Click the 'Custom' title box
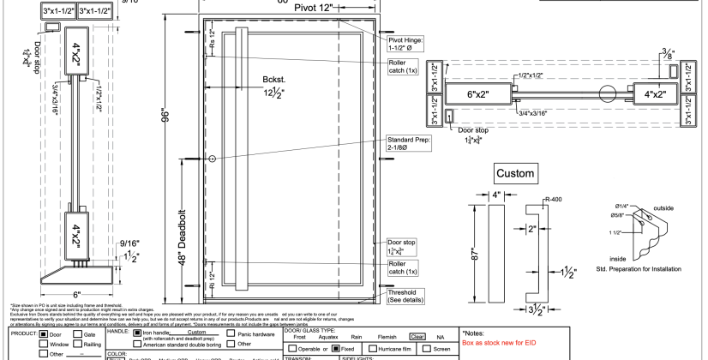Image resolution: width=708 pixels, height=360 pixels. coord(515,174)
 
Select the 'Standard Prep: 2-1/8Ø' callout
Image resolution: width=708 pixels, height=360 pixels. coord(408,143)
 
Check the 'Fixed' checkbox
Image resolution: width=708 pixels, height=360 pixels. coord(334,349)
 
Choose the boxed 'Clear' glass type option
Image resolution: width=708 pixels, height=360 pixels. coord(417,338)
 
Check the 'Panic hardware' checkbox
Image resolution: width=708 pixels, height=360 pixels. coord(219,333)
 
